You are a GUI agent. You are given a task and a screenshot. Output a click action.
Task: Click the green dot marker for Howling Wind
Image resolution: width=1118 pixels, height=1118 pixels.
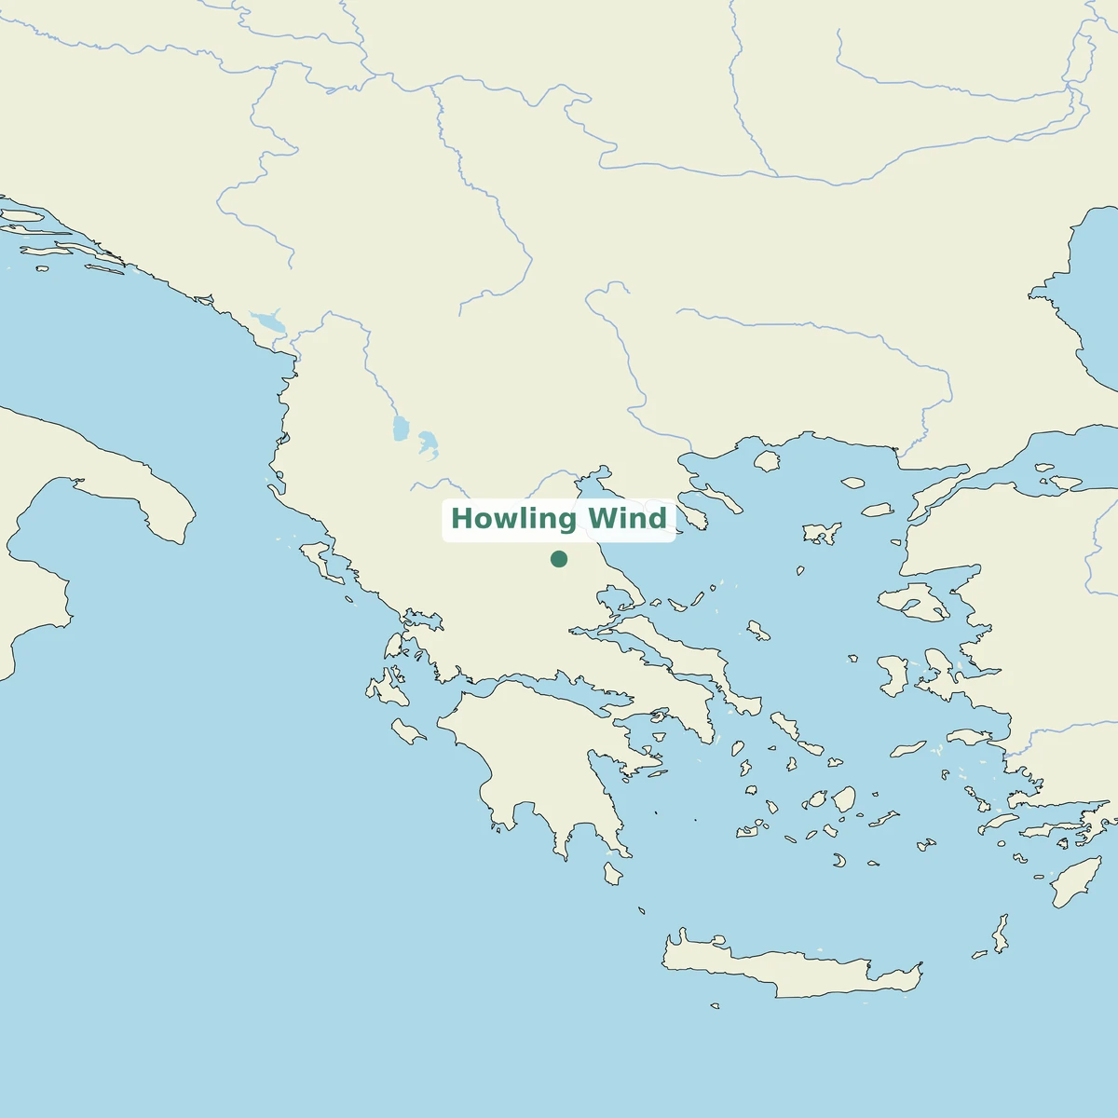point(559,559)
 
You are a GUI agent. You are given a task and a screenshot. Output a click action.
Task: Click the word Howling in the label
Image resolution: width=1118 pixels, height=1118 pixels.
point(510,519)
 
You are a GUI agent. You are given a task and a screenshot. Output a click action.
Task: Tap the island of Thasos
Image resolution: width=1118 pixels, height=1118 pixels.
point(766,460)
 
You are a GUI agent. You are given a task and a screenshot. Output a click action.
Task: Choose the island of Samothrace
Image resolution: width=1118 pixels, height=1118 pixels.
point(852,484)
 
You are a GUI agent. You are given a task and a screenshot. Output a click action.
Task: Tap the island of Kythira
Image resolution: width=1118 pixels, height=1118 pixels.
point(612,874)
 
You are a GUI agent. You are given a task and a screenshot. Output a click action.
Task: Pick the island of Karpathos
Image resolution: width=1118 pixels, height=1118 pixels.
point(1000,934)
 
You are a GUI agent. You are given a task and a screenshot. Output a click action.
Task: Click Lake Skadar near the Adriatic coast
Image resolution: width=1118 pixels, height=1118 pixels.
point(268,322)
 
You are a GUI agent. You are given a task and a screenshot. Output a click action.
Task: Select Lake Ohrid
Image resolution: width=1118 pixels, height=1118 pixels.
point(402,429)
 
